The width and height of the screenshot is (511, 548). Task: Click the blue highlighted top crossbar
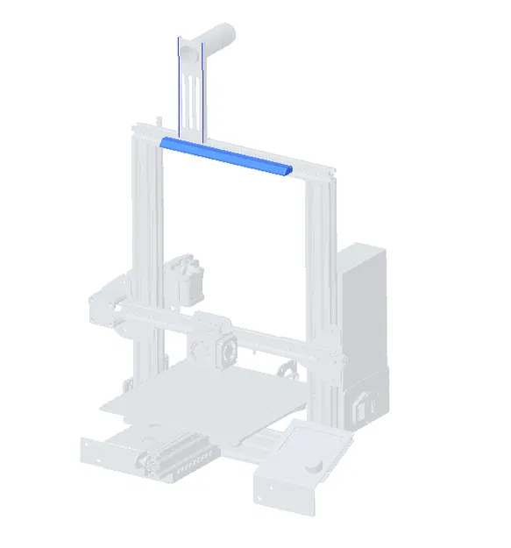(226, 156)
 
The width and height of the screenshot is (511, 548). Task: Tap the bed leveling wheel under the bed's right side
(285, 371)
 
